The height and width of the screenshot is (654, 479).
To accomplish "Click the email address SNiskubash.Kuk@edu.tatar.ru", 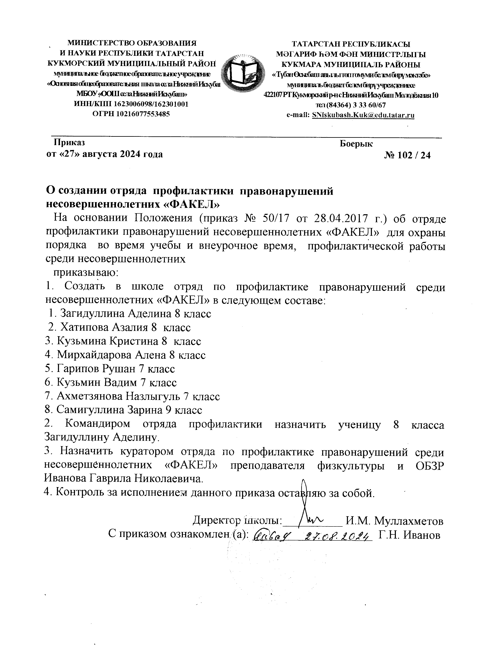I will point(363,115).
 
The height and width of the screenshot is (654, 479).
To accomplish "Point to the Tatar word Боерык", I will point(356,143).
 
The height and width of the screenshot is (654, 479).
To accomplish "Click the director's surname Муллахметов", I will point(409,521).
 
